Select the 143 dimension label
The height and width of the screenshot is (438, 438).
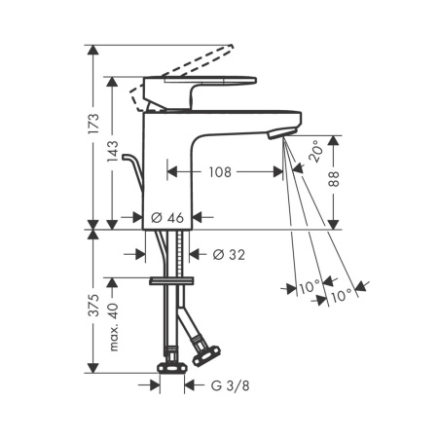click(113, 152)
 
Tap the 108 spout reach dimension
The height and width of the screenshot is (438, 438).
click(220, 172)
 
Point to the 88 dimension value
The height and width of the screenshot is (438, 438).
click(334, 179)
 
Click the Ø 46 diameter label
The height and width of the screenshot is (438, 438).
click(167, 217)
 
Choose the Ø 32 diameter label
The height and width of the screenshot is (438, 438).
click(229, 255)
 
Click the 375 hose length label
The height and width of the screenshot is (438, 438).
click(93, 306)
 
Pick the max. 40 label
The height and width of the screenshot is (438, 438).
click(113, 327)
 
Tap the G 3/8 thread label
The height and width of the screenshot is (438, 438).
click(231, 385)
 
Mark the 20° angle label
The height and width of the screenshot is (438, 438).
click(316, 151)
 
